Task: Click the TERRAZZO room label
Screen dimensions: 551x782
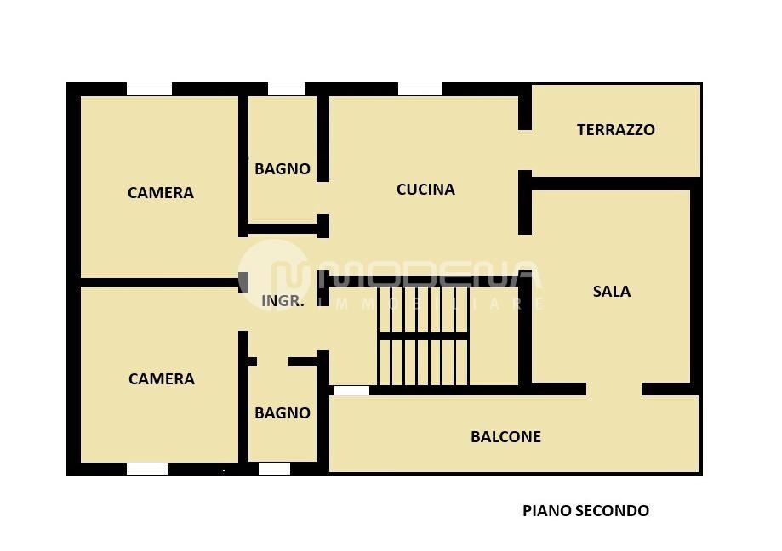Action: (615, 130)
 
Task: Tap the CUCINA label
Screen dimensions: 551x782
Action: (425, 190)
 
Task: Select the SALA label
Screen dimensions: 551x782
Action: (611, 292)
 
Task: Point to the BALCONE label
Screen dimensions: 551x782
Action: (505, 437)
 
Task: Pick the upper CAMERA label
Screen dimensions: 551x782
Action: (161, 193)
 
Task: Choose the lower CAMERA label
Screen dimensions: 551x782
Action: (161, 379)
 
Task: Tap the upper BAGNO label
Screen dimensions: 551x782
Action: (283, 169)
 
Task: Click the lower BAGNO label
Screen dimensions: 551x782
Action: (283, 413)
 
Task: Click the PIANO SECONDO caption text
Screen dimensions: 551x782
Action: (585, 511)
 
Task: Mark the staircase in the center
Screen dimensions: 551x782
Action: (423, 337)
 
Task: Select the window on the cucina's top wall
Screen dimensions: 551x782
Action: (420, 88)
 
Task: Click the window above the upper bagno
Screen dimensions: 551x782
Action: (286, 88)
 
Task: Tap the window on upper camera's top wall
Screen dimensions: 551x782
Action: (149, 88)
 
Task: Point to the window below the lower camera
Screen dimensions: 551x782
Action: (147, 469)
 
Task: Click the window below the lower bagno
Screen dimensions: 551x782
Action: (274, 469)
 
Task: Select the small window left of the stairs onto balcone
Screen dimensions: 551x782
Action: (351, 390)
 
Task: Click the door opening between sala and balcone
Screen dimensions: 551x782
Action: (614, 389)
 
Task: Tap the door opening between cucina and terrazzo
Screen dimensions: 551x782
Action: (525, 151)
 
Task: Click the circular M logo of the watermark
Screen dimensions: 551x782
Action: (274, 275)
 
